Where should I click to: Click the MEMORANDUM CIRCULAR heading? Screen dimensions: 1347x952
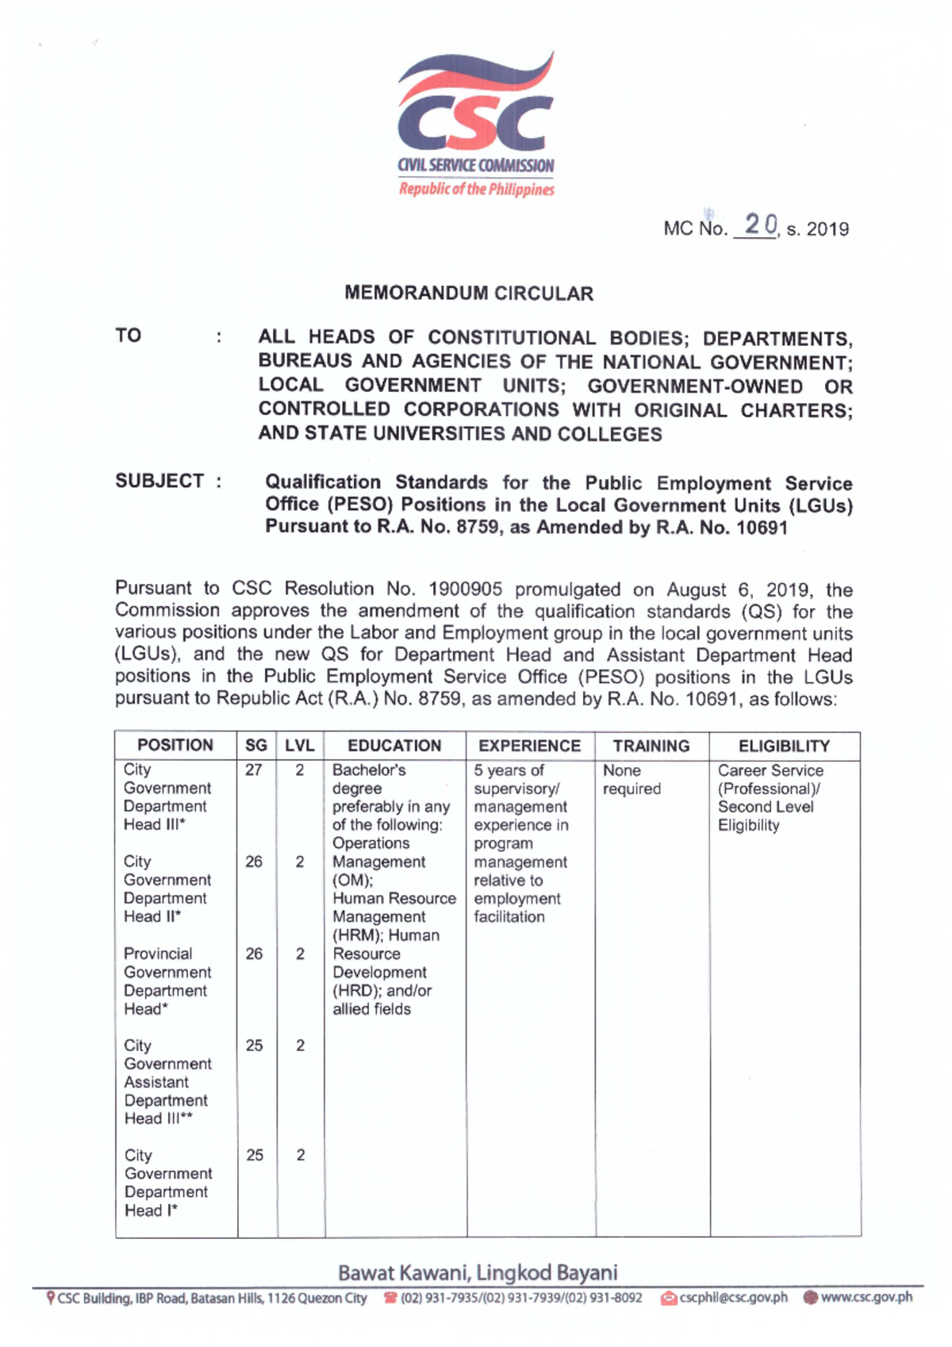click(x=469, y=294)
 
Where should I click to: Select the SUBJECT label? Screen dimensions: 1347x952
click(x=159, y=482)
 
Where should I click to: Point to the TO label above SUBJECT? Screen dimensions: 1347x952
click(x=128, y=336)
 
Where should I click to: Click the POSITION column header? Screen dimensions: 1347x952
click(x=175, y=746)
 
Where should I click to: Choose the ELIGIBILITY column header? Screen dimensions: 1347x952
click(x=784, y=746)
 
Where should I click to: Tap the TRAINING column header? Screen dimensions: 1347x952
click(x=651, y=746)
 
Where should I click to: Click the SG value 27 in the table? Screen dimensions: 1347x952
click(x=254, y=770)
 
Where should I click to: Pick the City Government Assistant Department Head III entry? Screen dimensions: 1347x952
click(x=167, y=1082)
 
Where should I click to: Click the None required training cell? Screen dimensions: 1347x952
click(x=631, y=780)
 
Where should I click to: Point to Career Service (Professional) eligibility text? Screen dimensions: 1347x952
click(x=770, y=780)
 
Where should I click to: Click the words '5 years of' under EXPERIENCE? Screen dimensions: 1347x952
click(x=509, y=770)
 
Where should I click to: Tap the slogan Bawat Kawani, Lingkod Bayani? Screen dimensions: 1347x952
click(x=478, y=1273)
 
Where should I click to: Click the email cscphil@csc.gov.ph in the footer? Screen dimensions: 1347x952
click(x=733, y=1298)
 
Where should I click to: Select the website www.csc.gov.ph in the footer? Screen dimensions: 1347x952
click(x=866, y=1298)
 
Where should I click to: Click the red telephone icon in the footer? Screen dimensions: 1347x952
click(x=390, y=1299)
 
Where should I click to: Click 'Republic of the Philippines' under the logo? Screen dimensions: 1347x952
click(x=476, y=190)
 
